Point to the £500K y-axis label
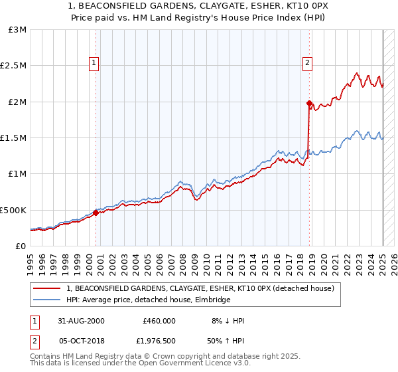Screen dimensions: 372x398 pyautogui.click(x=13, y=210)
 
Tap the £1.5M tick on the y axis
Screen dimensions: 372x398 pyautogui.click(x=13, y=138)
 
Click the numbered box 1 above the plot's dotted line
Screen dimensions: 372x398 pyautogui.click(x=94, y=64)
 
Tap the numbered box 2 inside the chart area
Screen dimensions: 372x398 pyautogui.click(x=308, y=64)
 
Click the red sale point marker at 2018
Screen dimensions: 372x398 pyautogui.click(x=309, y=104)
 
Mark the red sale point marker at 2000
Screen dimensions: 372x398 pyautogui.click(x=96, y=213)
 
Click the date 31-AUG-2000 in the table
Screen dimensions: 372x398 pyautogui.click(x=81, y=320)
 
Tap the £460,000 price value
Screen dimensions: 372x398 pyautogui.click(x=159, y=320)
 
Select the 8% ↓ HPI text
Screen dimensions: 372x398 pyautogui.click(x=227, y=320)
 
